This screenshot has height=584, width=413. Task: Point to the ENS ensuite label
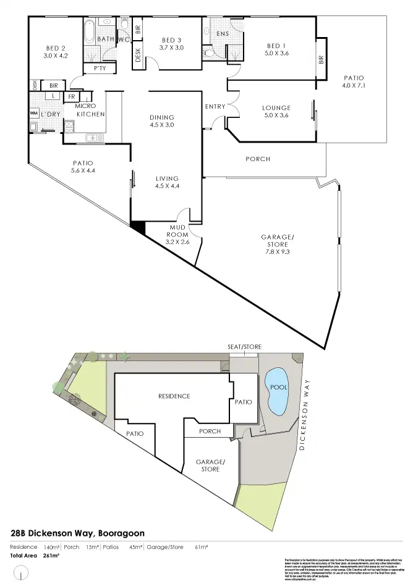point(223,34)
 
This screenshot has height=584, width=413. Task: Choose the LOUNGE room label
point(276,108)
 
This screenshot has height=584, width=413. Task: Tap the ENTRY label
point(215,107)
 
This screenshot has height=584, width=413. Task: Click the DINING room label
point(162,117)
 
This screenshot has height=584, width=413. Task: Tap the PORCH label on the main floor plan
point(258,159)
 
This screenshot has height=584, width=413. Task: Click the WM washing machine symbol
point(33,114)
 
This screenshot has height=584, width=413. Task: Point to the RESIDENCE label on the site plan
point(174,396)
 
